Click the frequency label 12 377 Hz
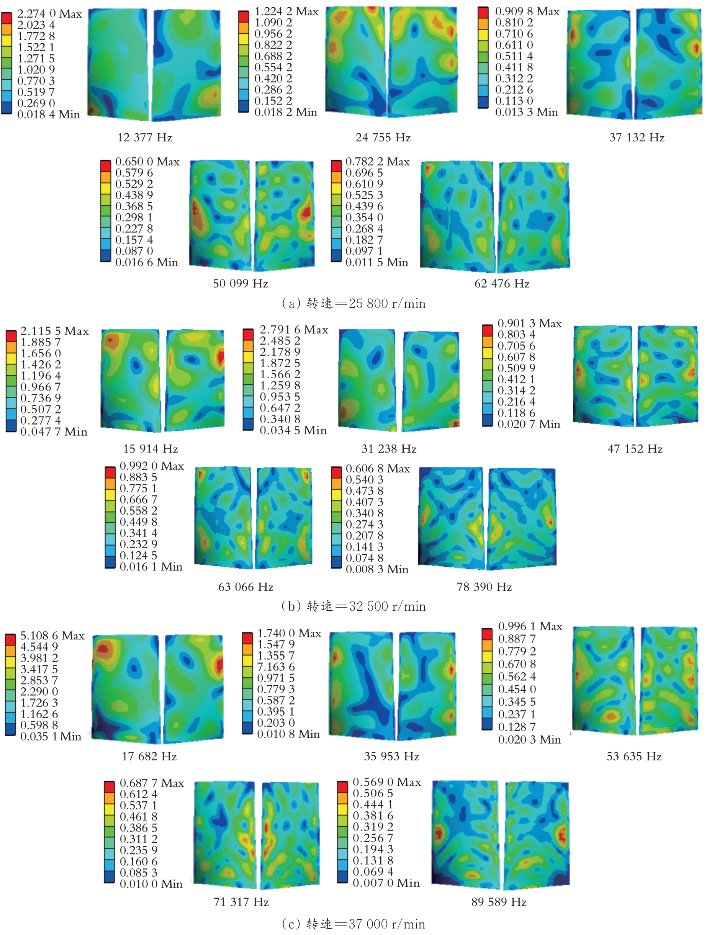coord(145,137)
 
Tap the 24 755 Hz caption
coord(383,137)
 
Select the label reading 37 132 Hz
coord(637,137)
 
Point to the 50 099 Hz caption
coord(240,283)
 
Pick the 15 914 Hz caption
coord(150,448)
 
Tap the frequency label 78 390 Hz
coord(484,587)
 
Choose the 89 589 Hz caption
coord(499,902)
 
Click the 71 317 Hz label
coord(241,902)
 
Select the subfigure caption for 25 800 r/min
coord(353,303)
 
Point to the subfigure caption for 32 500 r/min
coord(353,606)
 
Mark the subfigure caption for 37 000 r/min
coord(353,924)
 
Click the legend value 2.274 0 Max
coord(49,14)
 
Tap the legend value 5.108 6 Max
coord(52,635)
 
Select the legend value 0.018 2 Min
coord(285,112)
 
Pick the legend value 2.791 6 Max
coord(294,329)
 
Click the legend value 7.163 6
coord(276,667)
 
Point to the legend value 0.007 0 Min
coord(386,883)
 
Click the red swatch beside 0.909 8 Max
coord(483,12)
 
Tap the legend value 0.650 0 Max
coord(147,162)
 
